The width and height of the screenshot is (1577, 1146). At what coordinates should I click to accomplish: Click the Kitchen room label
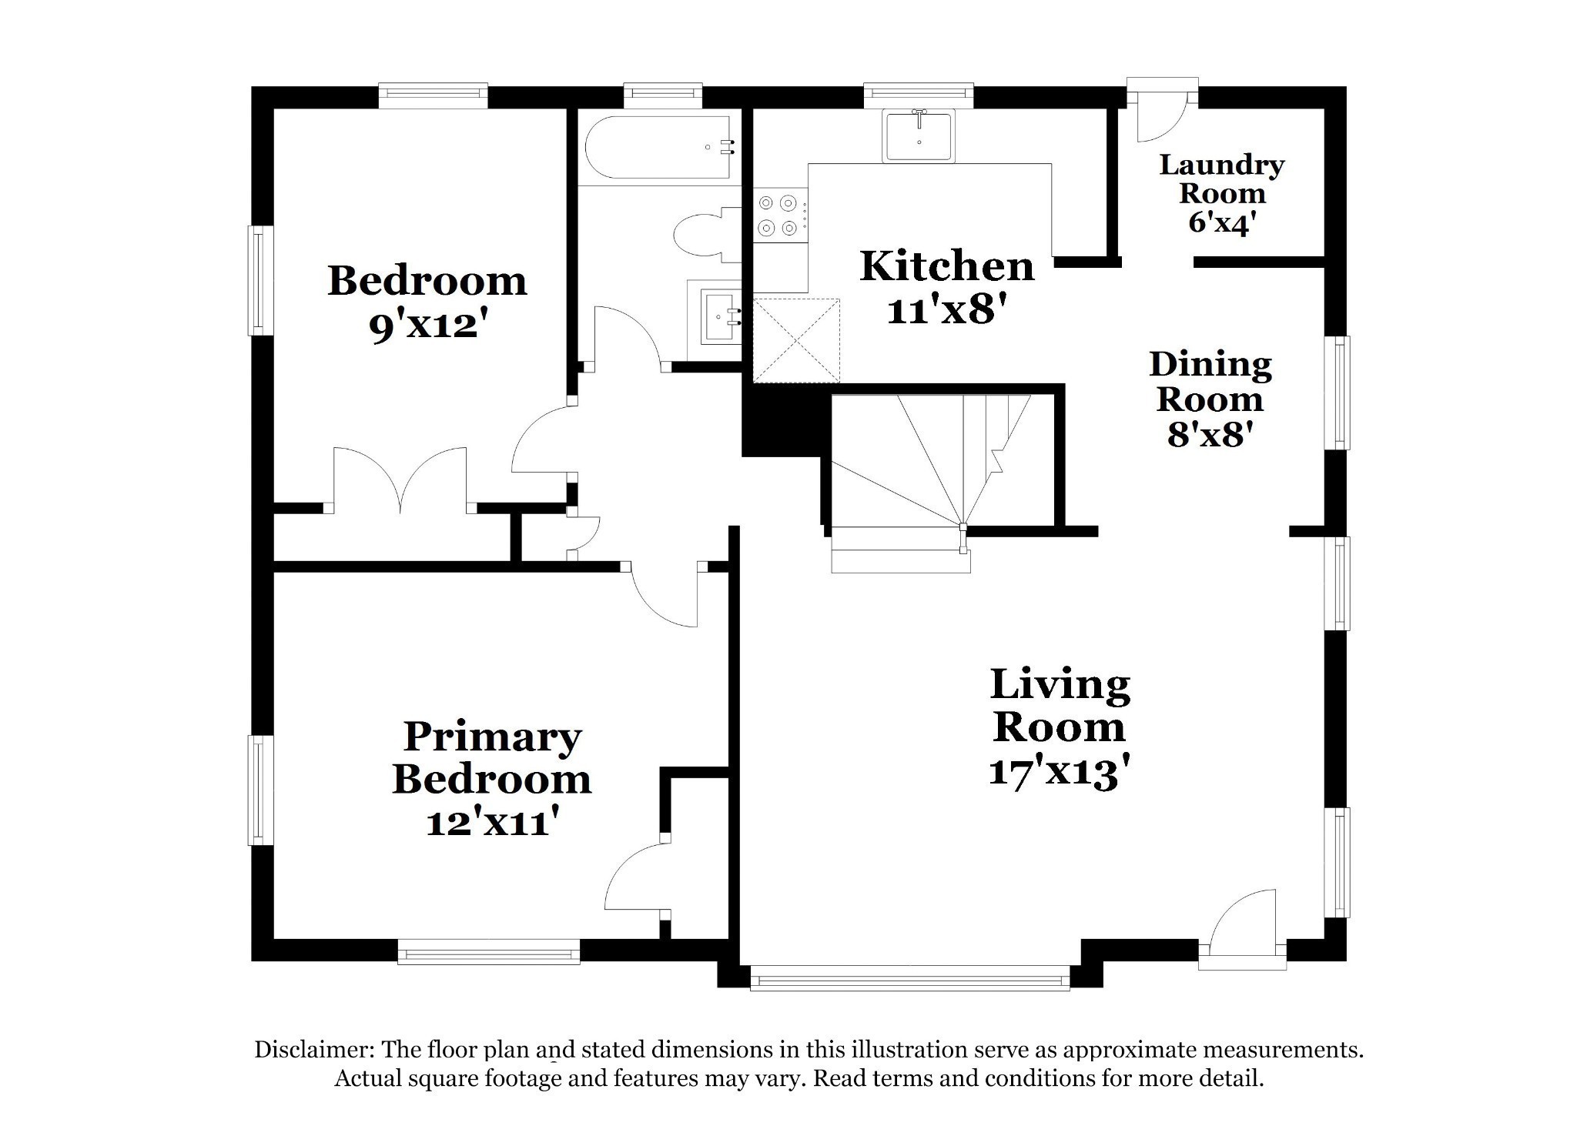click(x=946, y=266)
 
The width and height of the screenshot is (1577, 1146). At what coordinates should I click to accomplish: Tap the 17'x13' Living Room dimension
click(x=1059, y=772)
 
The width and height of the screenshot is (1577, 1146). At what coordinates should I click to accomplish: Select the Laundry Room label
click(x=1222, y=179)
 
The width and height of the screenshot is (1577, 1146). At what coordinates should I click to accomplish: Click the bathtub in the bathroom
click(x=659, y=147)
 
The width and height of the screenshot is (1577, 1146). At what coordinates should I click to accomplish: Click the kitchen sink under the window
click(x=919, y=135)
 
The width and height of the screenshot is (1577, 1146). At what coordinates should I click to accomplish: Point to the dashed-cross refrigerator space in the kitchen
click(x=796, y=339)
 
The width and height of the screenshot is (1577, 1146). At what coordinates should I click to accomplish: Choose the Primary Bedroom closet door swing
click(x=638, y=877)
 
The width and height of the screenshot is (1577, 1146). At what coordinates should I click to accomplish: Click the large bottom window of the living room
click(x=909, y=978)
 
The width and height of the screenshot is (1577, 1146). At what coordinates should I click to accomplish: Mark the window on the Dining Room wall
click(x=1339, y=393)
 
